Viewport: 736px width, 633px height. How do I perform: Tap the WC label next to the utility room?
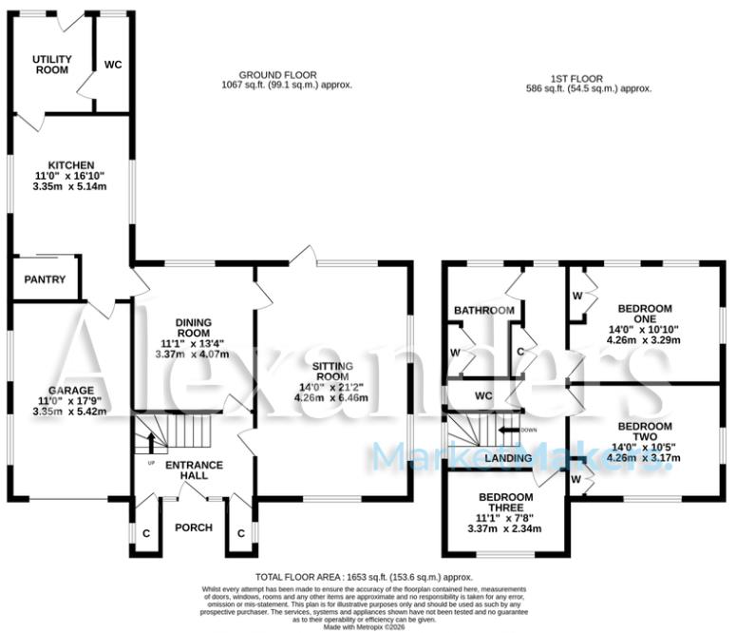tap(113, 65)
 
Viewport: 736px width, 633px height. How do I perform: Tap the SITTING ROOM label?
tap(333, 370)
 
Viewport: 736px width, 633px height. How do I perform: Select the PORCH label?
tap(194, 527)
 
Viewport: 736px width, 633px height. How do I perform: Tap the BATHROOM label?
tap(483, 311)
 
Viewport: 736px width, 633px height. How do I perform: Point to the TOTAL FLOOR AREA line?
tap(365, 578)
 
